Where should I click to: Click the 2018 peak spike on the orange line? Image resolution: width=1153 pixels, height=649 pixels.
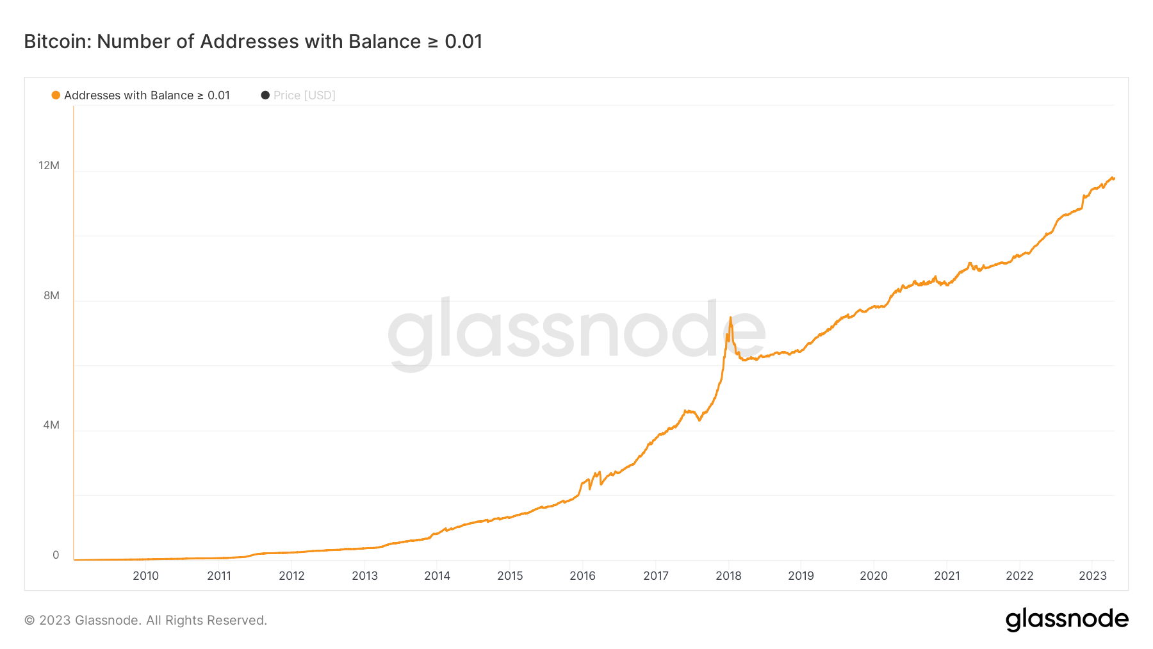tap(730, 318)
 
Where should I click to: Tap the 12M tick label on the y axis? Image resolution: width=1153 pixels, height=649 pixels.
tap(49, 165)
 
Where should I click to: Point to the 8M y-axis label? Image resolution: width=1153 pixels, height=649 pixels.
tap(51, 295)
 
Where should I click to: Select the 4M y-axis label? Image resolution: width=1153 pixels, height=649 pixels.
tap(51, 425)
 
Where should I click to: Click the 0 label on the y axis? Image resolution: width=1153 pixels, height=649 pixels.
tap(56, 555)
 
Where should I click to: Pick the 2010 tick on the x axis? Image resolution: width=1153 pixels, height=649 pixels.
tap(145, 575)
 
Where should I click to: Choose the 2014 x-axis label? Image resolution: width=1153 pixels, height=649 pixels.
tap(437, 575)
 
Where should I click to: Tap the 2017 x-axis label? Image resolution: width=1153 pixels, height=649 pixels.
tap(655, 575)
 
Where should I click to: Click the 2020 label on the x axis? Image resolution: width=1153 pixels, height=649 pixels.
tap(874, 575)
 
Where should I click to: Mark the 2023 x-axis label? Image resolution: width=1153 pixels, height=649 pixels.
tap(1092, 575)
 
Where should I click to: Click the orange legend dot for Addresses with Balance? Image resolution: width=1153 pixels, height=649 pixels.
tap(56, 95)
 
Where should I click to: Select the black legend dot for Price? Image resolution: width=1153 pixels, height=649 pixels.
tap(265, 95)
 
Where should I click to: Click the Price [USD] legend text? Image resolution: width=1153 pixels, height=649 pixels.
tap(304, 95)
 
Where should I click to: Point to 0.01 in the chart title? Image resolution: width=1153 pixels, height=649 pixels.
tap(463, 42)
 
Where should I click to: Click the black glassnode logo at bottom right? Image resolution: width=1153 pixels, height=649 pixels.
tap(1067, 620)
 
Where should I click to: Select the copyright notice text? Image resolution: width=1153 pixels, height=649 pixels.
tap(145, 620)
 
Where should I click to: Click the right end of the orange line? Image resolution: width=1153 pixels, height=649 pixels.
tap(1113, 178)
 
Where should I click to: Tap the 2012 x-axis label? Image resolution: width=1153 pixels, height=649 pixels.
tap(291, 575)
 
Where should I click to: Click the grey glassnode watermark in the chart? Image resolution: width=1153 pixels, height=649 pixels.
tap(576, 330)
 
